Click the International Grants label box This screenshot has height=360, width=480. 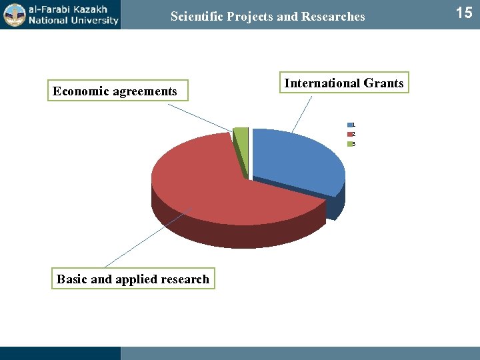pos(343,83)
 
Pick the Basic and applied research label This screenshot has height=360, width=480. pos(133,279)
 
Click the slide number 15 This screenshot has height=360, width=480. pos(463,13)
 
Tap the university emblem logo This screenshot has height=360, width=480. pos(14,15)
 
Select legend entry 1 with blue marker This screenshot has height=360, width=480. pos(351,125)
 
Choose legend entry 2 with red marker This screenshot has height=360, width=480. pos(351,134)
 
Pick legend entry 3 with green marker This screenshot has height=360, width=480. pos(351,144)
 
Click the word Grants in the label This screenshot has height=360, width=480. pos(383,83)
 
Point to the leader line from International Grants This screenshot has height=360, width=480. pos(302,113)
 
